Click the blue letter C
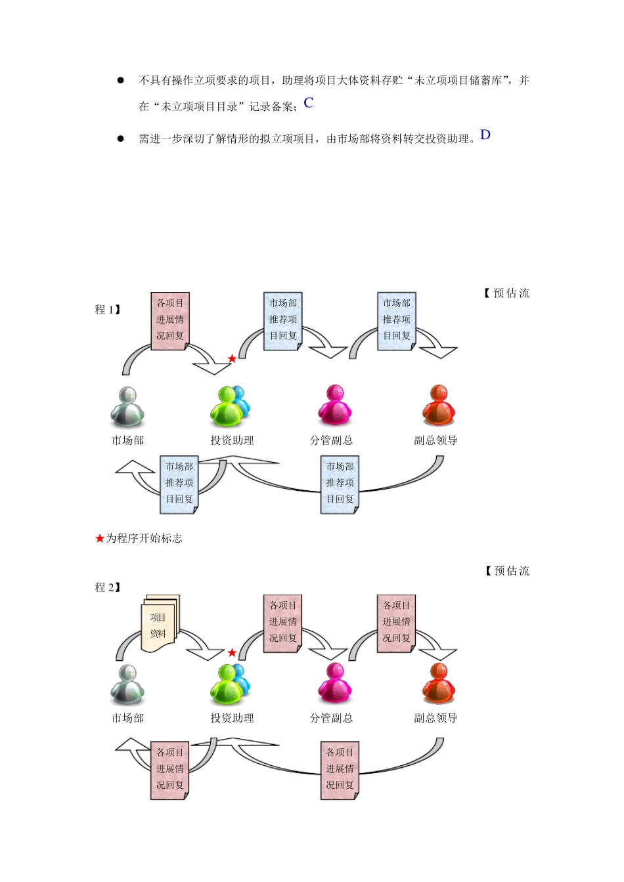[x=308, y=102]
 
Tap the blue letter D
[x=485, y=135]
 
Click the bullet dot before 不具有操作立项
[x=121, y=81]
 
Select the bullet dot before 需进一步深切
[x=121, y=138]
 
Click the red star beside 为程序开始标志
[x=99, y=538]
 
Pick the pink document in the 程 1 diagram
[x=170, y=321]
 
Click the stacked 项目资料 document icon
[x=160, y=623]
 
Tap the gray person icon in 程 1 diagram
[x=127, y=407]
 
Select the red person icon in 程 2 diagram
[x=439, y=684]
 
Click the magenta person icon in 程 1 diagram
[x=335, y=405]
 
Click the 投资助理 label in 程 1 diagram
[x=232, y=440]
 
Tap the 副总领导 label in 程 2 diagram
[x=435, y=718]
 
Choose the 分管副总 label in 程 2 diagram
[x=331, y=718]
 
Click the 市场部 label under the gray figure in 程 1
[x=127, y=440]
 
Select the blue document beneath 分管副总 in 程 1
[x=340, y=485]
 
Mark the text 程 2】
[x=108, y=587]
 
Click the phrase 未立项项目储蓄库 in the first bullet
[x=458, y=81]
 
